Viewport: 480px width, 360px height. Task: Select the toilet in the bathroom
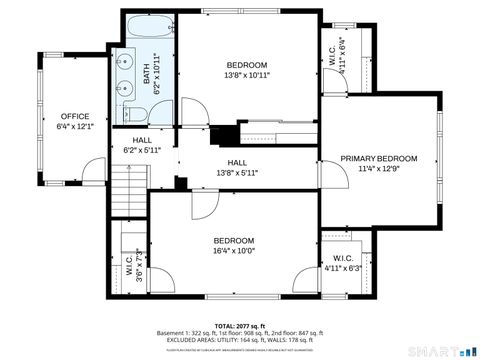[140, 112]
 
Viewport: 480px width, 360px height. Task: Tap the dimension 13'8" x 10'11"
[246, 75]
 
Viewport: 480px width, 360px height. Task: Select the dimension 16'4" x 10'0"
[234, 251]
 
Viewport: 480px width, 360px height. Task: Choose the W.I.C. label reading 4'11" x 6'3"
[343, 263]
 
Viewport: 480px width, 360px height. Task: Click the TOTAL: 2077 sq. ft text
[240, 325]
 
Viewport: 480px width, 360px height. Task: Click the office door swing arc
[93, 171]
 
